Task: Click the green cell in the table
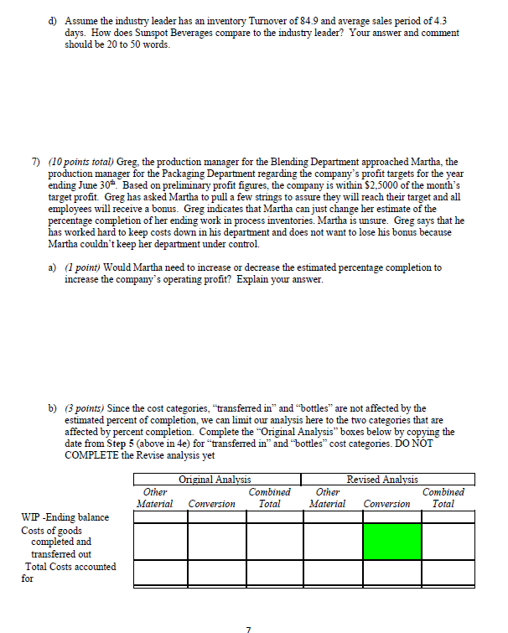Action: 392,541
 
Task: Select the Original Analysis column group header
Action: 215,480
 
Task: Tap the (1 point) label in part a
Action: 88,267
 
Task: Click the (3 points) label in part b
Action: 91,408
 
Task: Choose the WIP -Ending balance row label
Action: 65,517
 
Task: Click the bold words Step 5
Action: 113,444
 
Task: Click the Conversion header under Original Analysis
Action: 211,504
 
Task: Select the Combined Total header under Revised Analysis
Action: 443,498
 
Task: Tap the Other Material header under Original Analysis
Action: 155,498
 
